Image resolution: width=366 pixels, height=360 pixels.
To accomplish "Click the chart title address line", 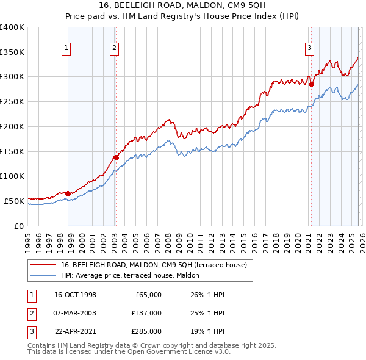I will [182, 5].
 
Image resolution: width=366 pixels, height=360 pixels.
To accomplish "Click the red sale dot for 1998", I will [68, 193].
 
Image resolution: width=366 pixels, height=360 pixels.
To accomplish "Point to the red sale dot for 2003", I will [115, 157].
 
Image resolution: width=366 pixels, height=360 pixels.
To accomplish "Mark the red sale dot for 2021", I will [311, 84].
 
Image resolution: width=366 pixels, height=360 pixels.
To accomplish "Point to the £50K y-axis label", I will [14, 201].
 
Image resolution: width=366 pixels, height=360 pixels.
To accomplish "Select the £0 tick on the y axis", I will [20, 226].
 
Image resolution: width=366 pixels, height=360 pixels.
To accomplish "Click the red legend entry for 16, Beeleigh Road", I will [153, 265].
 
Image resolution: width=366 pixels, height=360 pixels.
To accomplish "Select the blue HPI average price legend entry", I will [134, 276].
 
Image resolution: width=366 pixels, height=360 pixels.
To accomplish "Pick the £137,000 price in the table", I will [146, 313].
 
